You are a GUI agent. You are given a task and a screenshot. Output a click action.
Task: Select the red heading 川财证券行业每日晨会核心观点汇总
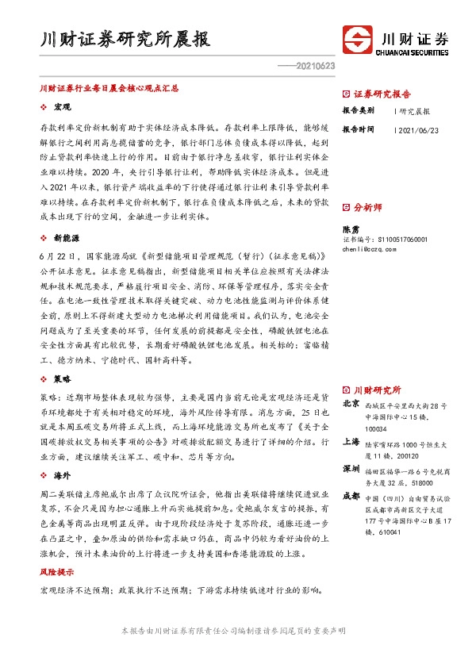pyautogui.click(x=109, y=90)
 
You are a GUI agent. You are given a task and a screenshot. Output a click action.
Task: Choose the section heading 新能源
pyautogui.click(x=66, y=237)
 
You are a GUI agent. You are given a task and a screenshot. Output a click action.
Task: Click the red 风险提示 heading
pyautogui.click(x=58, y=571)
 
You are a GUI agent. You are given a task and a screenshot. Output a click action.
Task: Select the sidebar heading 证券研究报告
pyautogui.click(x=382, y=93)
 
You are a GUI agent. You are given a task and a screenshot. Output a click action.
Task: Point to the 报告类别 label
pyautogui.click(x=358, y=110)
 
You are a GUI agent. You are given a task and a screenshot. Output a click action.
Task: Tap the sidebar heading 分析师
pyautogui.click(x=367, y=207)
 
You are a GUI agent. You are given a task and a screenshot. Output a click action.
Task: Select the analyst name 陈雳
pyautogui.click(x=351, y=228)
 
